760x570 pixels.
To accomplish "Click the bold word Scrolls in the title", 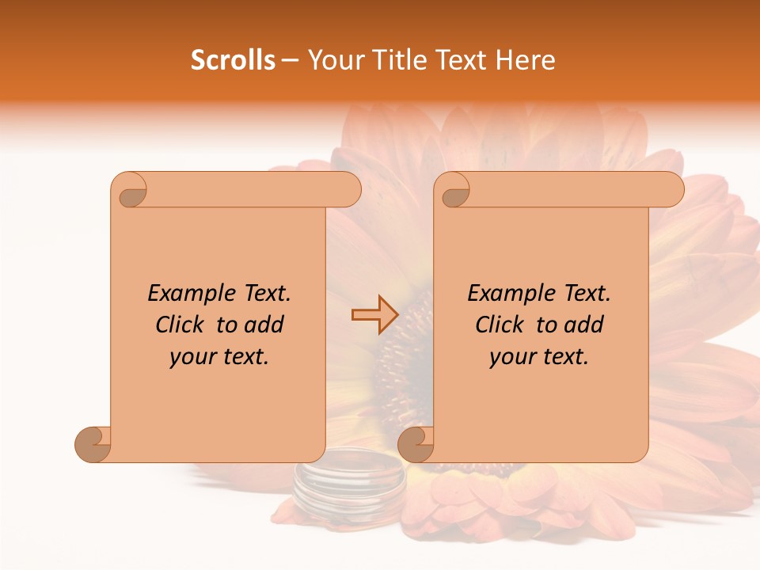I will coord(233,60).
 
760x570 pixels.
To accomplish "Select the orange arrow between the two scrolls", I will coord(374,315).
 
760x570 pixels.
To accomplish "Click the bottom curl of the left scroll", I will coord(93,443).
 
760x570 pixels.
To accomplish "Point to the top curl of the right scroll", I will coord(454,190).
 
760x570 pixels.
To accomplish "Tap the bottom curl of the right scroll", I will coord(416,443).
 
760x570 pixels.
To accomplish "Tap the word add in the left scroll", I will coord(264,325).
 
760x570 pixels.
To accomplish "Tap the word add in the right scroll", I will coord(584,325).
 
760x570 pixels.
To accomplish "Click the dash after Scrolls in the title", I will coord(290,60).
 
